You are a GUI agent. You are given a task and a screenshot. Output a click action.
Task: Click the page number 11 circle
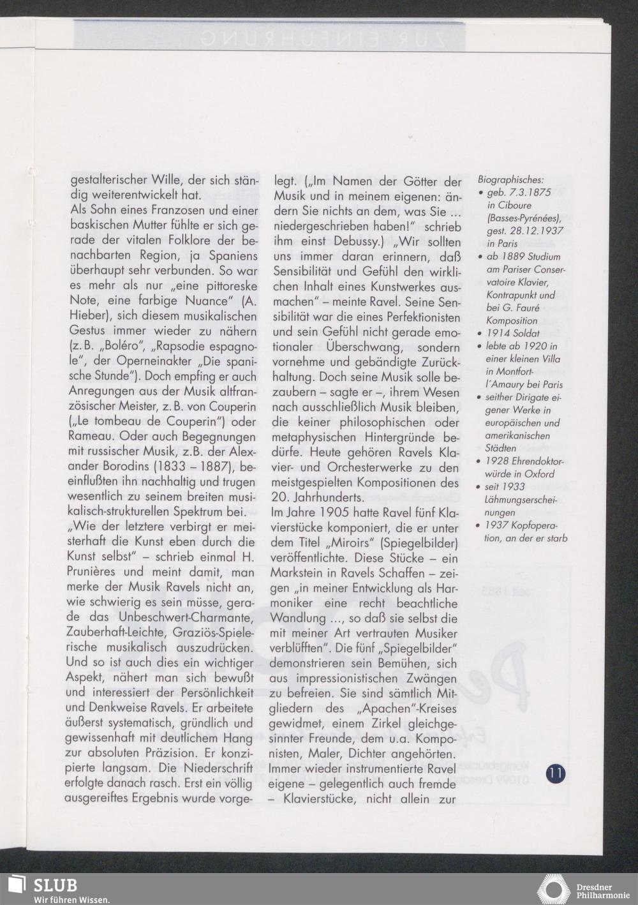[555, 774]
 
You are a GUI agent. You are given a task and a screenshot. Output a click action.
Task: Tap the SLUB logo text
[55, 885]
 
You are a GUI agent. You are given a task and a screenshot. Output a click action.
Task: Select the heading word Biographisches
[510, 181]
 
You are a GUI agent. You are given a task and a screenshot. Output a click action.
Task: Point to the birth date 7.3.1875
[531, 193]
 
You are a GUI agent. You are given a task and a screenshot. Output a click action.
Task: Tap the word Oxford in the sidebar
[540, 474]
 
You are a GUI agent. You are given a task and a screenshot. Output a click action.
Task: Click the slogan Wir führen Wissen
[71, 899]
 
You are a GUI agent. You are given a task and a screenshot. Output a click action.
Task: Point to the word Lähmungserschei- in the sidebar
[522, 500]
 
